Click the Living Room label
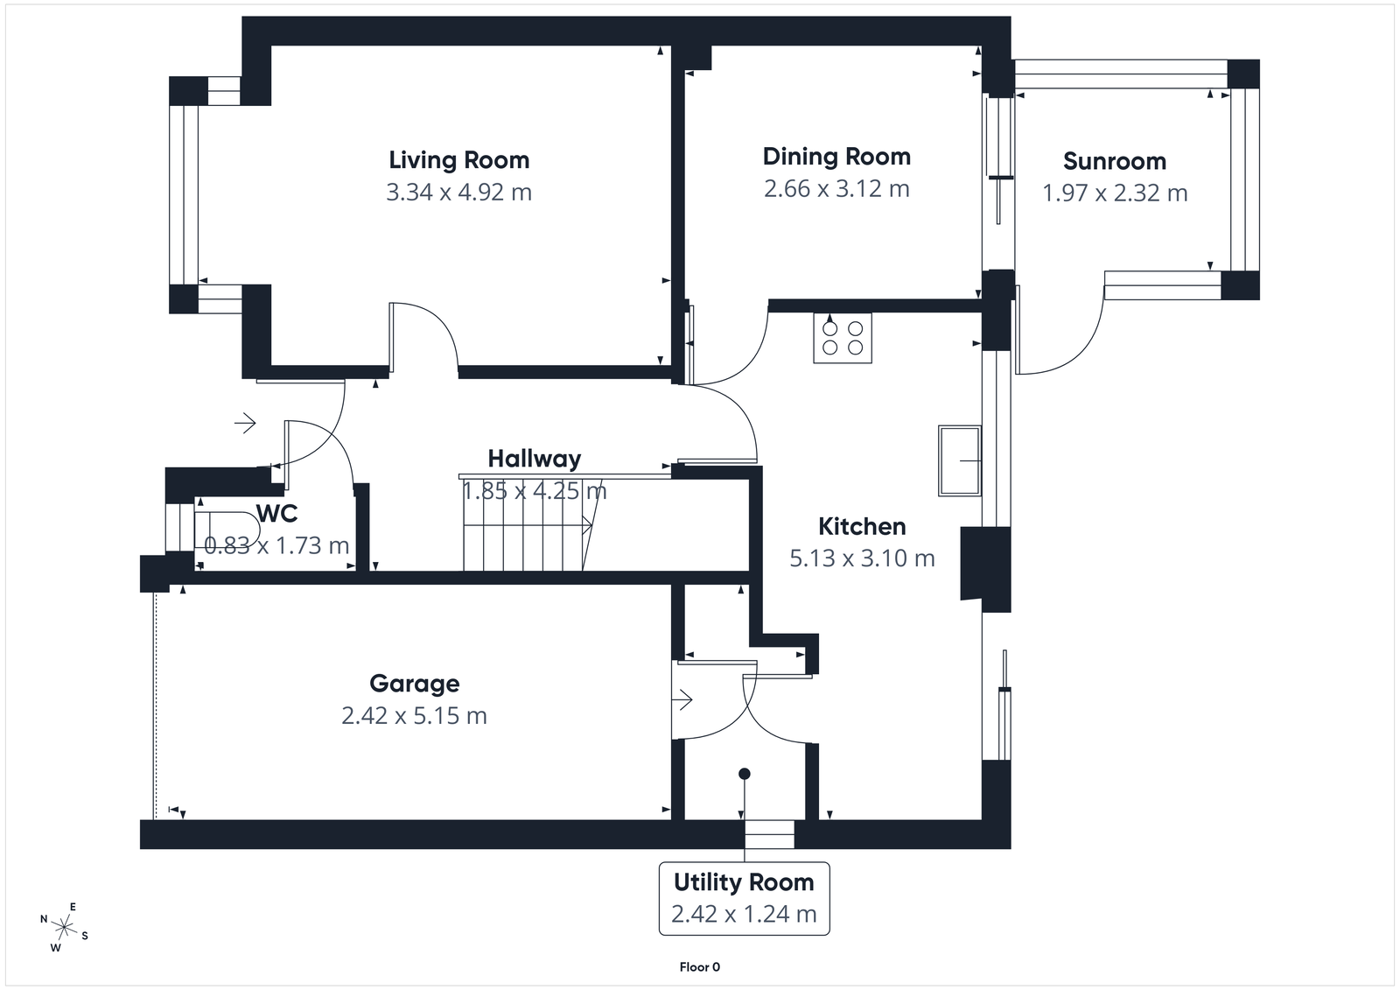coord(458,160)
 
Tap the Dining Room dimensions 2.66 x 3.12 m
coord(836,189)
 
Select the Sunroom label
coord(1114,161)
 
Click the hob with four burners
coord(842,338)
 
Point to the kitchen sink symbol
coord(959,460)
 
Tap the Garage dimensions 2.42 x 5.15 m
coord(414,716)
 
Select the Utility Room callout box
coord(744,898)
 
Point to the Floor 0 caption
coord(699,967)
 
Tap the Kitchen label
coord(861,526)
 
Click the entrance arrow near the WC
coord(245,424)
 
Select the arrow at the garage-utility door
coord(682,699)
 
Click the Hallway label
coord(534,459)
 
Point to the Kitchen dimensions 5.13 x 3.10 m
coord(862,558)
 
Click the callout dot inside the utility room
coord(744,774)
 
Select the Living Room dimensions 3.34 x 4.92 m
coord(458,193)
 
